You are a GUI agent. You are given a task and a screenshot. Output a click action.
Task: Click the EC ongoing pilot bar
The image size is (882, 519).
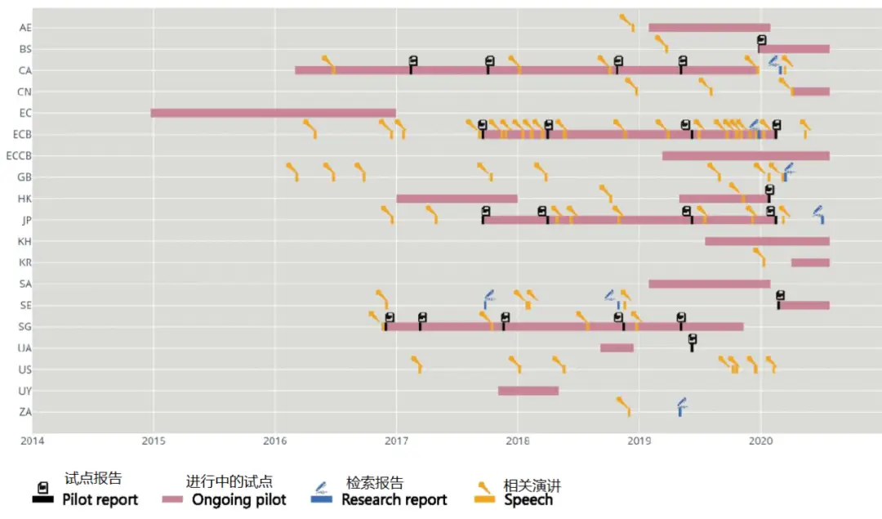point(273,113)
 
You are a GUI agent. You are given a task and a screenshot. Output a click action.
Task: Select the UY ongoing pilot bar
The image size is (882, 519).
point(528,391)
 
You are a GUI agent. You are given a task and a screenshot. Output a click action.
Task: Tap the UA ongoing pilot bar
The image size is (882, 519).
point(617,348)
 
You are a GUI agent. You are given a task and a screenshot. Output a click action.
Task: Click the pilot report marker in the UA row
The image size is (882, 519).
point(693,342)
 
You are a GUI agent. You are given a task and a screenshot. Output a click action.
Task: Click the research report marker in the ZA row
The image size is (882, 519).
point(680,406)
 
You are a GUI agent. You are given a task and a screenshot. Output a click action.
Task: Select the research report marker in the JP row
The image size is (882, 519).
point(819,215)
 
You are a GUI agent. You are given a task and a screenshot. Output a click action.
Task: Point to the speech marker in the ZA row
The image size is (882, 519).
point(625,405)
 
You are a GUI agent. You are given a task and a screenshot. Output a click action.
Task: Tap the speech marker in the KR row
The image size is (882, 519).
point(760,257)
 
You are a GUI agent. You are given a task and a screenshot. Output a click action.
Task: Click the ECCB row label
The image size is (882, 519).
point(18,155)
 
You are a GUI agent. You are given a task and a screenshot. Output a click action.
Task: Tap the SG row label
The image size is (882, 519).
point(24,327)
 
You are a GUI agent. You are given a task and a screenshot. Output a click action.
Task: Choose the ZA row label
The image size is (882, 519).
point(24,412)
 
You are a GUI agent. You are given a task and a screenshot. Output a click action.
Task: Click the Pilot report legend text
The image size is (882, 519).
point(100,499)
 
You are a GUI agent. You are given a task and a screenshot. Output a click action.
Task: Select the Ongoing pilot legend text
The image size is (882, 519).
point(238,499)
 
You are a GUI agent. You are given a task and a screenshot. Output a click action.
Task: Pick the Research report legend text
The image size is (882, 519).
point(394,499)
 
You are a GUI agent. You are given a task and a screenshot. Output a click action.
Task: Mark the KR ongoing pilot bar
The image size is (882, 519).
point(809,262)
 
